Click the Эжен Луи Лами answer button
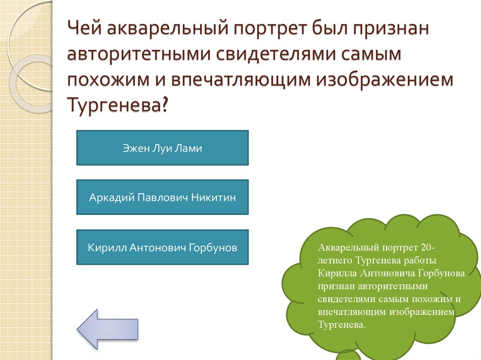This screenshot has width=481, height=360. click(x=162, y=148)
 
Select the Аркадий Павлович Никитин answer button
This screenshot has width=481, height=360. click(x=162, y=197)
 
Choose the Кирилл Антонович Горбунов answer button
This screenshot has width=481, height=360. click(x=162, y=247)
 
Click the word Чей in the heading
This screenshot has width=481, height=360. click(x=84, y=30)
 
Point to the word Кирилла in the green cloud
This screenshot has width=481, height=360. click(x=337, y=273)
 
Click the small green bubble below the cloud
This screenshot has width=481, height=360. click(x=348, y=356)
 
